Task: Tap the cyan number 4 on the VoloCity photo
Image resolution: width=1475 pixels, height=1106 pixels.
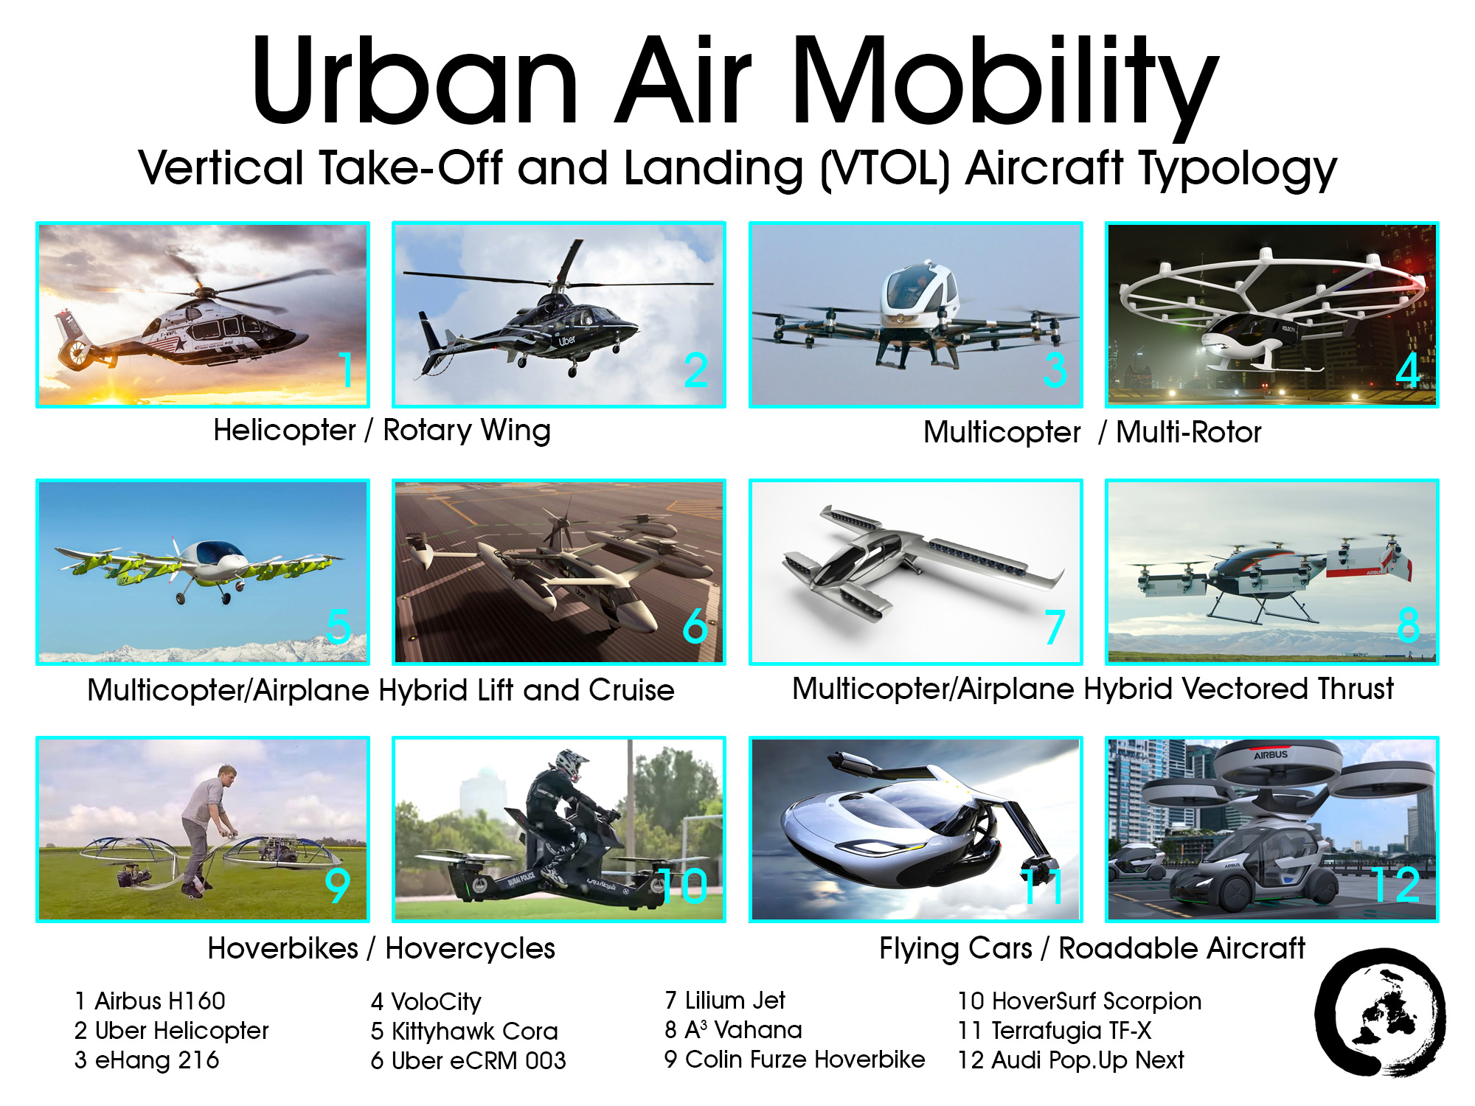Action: click(1408, 370)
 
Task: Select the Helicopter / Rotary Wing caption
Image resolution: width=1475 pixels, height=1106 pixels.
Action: click(381, 431)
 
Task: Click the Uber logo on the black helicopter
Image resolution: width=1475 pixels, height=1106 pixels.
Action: click(566, 341)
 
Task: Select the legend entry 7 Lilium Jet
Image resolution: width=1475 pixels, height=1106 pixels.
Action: click(724, 1001)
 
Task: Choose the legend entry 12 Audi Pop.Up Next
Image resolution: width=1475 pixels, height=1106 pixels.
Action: click(1070, 1060)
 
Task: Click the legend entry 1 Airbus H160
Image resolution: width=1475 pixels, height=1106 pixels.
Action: click(150, 1001)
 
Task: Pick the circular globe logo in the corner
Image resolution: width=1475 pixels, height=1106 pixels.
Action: click(1380, 1013)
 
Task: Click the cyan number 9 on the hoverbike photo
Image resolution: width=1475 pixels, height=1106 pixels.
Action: click(337, 886)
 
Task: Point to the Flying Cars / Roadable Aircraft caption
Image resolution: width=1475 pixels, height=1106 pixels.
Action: click(1091, 948)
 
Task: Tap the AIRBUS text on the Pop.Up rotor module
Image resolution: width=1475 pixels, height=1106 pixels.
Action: click(1271, 755)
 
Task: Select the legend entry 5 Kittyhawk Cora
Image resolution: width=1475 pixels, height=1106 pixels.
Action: click(464, 1031)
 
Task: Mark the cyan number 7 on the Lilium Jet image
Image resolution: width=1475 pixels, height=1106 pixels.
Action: click(1055, 627)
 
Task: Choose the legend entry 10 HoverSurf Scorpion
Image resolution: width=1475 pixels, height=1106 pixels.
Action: click(1079, 1001)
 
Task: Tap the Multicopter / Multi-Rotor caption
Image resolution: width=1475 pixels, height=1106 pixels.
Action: click(1092, 432)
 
